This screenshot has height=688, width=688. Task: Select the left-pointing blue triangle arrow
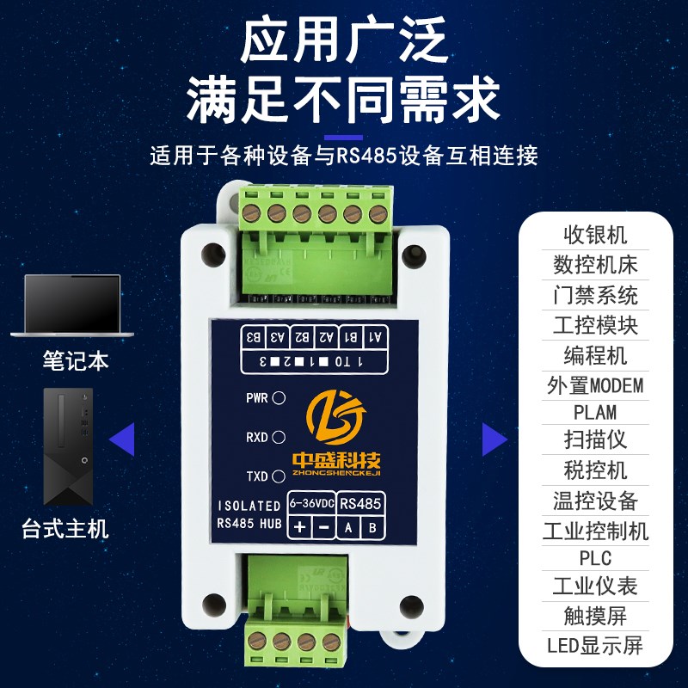point(122,439)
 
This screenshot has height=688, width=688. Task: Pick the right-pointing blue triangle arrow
point(494,439)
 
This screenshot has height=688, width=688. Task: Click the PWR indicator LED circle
point(279,399)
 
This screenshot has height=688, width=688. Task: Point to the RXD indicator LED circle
point(279,438)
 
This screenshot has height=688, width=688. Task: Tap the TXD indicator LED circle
point(279,476)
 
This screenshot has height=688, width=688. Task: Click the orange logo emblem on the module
point(341,416)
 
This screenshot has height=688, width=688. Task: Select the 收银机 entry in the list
point(595,235)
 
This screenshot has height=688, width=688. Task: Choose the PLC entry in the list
point(595,558)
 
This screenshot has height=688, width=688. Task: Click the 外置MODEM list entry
point(595,384)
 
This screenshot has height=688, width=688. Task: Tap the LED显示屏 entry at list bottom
point(595,646)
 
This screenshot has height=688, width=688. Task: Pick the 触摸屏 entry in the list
point(595,617)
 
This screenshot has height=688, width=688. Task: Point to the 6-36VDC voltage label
point(310,503)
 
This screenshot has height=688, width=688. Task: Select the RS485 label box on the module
point(360,503)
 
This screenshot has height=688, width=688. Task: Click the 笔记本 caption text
point(76,359)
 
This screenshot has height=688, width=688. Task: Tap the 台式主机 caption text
point(65,527)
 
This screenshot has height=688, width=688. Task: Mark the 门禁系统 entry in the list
point(595,295)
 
